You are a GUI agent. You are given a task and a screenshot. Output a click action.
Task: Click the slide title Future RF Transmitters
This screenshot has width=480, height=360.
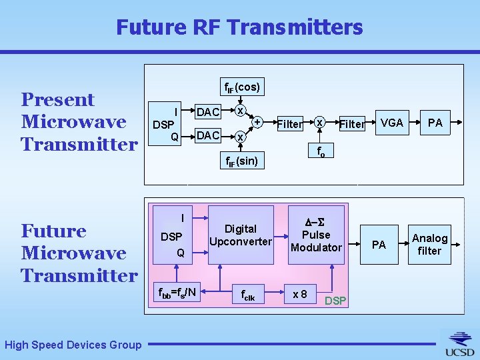point(239,27)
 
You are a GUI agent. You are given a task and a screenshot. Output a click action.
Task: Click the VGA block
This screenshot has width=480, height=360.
point(391,123)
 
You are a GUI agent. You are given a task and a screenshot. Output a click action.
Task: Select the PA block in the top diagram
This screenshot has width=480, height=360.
point(435,123)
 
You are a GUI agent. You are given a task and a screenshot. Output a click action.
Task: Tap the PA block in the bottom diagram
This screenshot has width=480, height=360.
point(379,245)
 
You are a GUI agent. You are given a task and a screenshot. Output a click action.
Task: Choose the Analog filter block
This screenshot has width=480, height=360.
point(429,245)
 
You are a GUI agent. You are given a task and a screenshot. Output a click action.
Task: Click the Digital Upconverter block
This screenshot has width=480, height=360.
point(240,235)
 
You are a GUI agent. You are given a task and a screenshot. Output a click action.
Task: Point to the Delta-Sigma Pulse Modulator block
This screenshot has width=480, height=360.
point(316,235)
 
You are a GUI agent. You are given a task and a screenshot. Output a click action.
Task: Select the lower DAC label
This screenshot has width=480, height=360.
point(207,135)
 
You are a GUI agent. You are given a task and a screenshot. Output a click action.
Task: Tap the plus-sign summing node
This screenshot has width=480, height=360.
point(257,122)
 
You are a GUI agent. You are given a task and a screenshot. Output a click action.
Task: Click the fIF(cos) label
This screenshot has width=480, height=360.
point(241,87)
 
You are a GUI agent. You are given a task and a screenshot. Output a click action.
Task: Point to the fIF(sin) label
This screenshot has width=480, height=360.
point(241,160)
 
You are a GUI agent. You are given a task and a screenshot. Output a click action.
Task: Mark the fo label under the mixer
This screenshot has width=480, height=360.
point(321,151)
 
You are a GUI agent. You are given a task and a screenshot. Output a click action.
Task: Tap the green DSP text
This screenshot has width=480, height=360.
point(335,301)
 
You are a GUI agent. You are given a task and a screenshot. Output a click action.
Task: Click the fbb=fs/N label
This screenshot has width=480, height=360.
point(176,291)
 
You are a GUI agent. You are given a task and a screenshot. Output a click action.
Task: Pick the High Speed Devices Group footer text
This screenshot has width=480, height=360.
point(73,345)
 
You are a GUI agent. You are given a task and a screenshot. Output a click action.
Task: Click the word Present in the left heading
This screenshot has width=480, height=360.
point(58,100)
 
